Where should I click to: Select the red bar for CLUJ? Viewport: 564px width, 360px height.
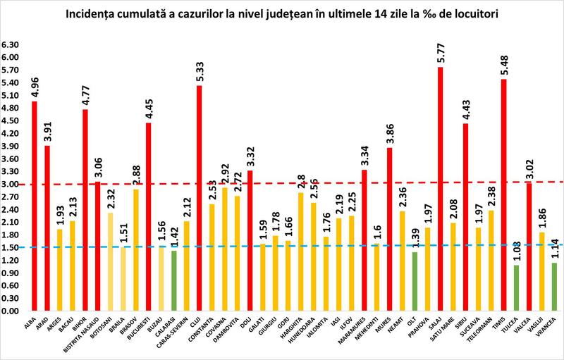coord(200,198)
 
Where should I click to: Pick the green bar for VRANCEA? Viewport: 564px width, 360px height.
coord(554,286)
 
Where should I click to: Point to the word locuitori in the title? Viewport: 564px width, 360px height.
coord(465,14)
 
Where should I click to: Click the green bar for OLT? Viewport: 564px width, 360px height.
coord(415,281)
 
